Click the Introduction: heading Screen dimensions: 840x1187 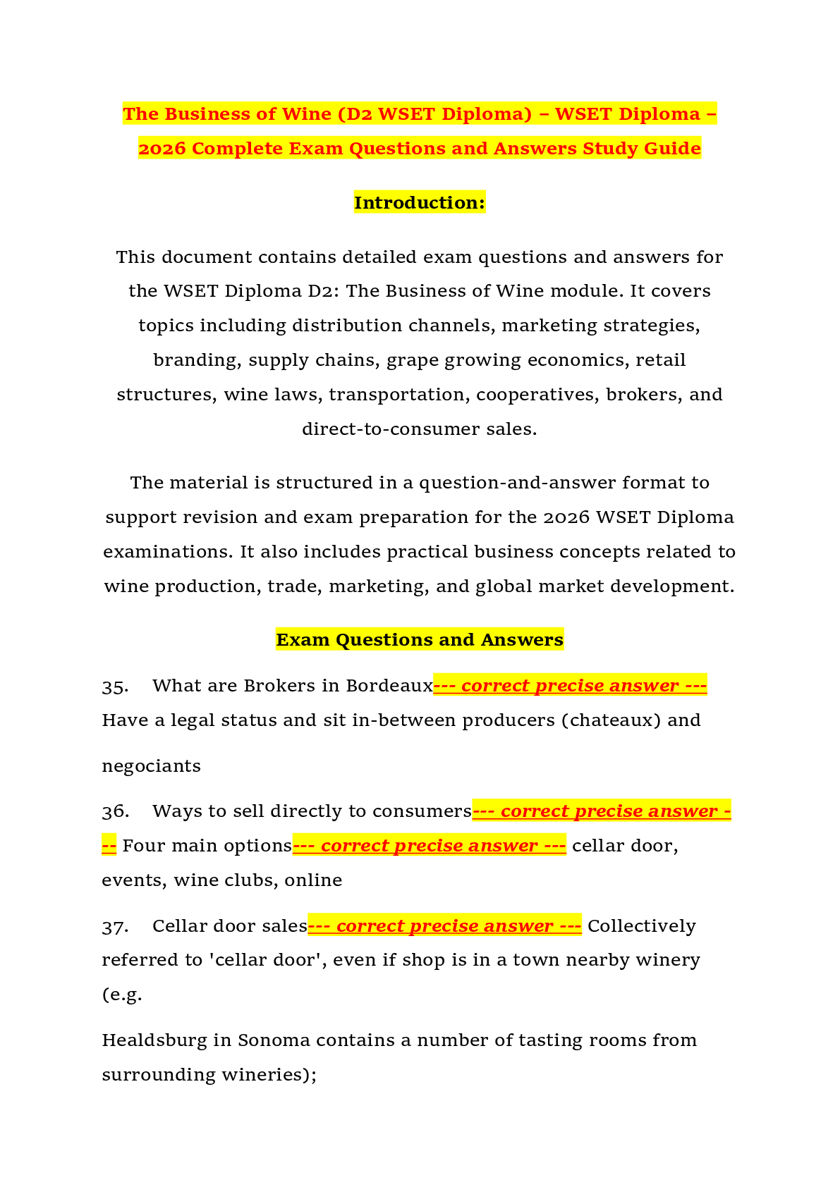click(420, 202)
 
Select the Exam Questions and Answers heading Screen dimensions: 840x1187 click(420, 639)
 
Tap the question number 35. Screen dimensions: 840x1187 click(115, 687)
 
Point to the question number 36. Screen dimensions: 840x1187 click(115, 811)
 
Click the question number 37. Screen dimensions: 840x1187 click(115, 926)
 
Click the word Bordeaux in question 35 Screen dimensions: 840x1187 click(390, 686)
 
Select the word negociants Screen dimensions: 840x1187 click(151, 766)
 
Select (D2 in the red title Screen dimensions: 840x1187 click(354, 114)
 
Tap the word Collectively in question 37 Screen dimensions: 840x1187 click(642, 925)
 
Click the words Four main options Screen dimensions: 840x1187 click(207, 846)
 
